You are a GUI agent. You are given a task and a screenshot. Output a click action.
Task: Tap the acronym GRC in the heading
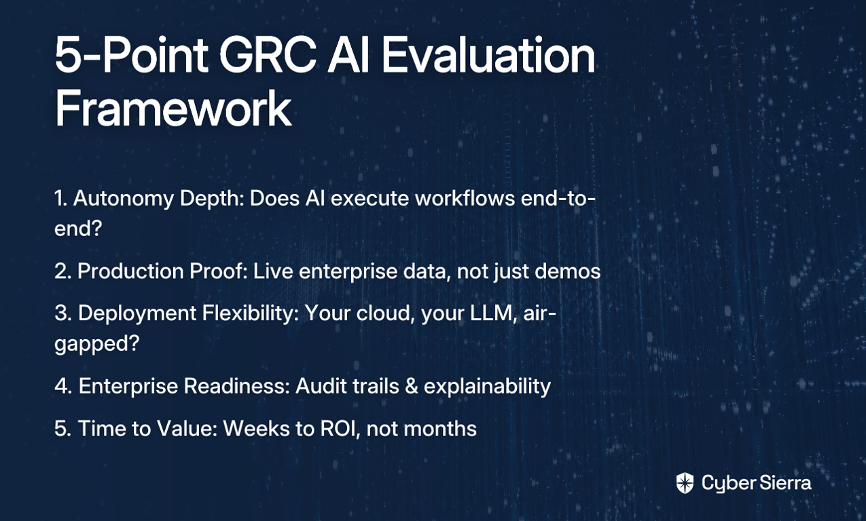[x=268, y=55]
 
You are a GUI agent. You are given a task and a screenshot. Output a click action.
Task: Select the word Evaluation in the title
[x=488, y=55]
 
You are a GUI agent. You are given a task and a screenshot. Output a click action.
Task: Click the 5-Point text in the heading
[x=131, y=55]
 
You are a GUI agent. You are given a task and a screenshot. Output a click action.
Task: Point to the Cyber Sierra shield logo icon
[x=685, y=483]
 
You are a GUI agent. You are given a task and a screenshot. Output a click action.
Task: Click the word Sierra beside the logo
[x=784, y=483]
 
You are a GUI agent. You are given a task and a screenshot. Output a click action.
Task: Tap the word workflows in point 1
[x=465, y=198]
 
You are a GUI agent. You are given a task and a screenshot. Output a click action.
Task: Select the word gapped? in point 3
[x=96, y=343]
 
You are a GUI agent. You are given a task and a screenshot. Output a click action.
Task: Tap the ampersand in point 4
[x=412, y=386]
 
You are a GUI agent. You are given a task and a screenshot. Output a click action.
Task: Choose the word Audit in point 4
[x=321, y=386]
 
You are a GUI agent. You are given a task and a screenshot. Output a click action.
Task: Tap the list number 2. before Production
[x=63, y=271]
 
